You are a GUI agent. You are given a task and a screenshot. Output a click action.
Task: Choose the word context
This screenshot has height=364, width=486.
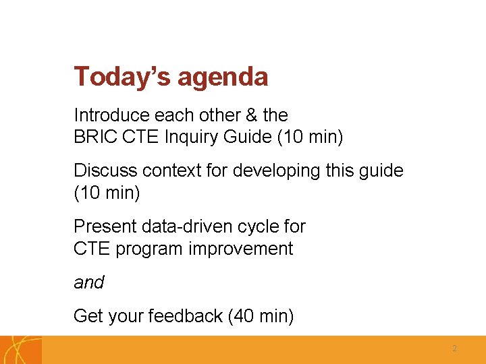tap(171, 171)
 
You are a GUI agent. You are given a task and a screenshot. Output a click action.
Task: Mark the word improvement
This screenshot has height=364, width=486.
tap(240, 249)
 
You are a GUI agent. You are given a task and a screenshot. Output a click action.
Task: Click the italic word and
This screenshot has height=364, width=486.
tap(88, 282)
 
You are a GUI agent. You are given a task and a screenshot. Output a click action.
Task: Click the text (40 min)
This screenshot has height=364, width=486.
tap(261, 315)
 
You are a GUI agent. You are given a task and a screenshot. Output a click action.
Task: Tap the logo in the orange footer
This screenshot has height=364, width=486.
tap(20, 350)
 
